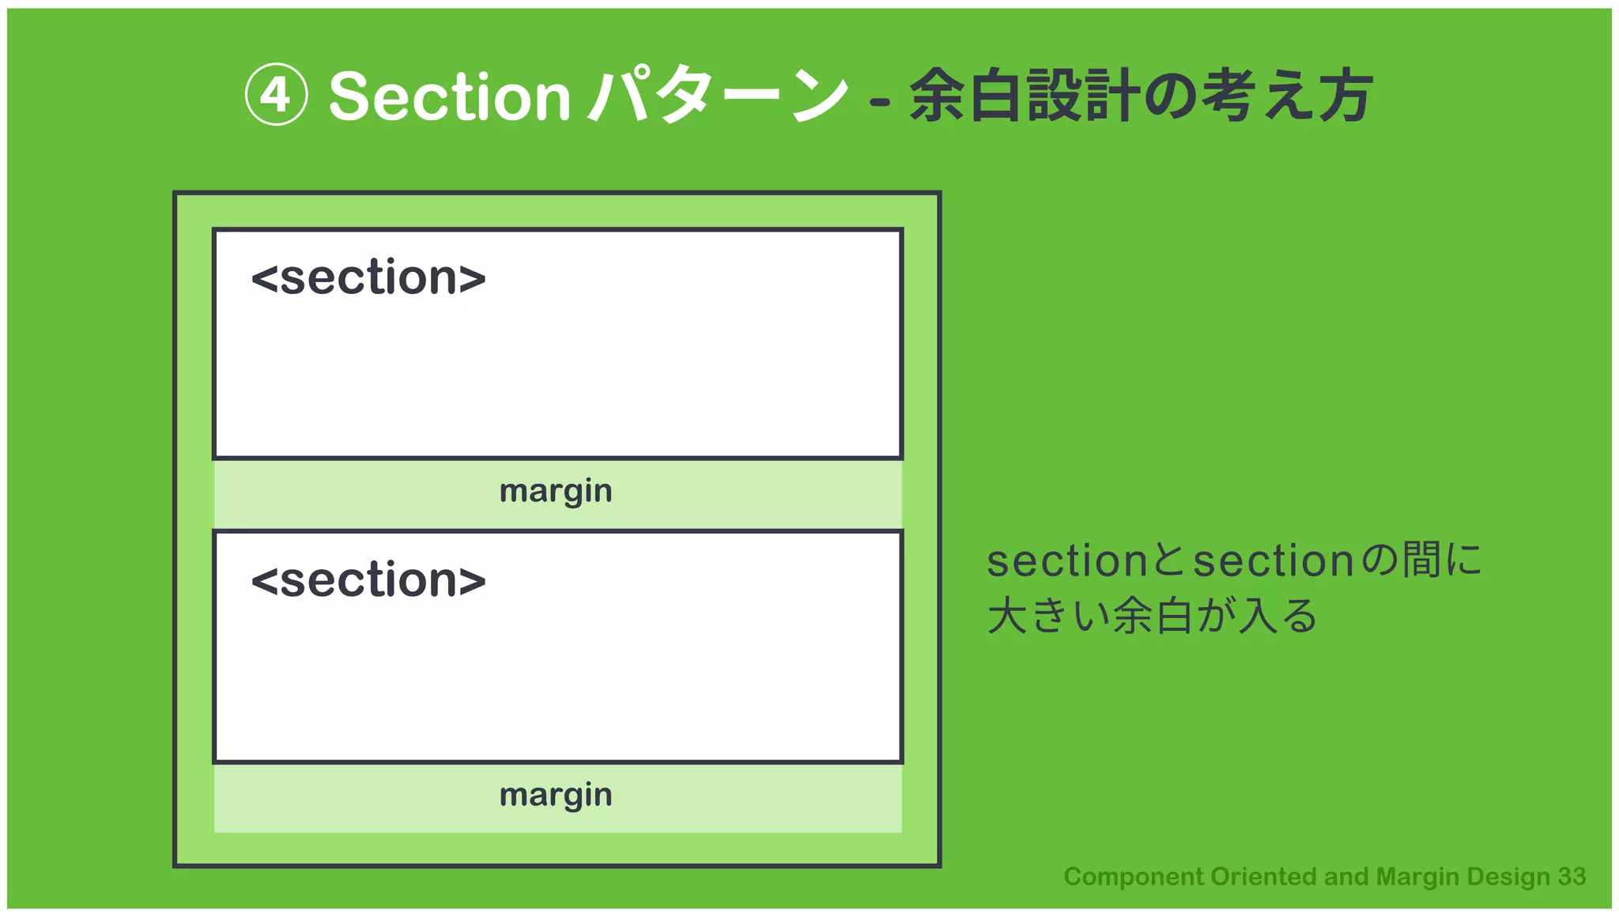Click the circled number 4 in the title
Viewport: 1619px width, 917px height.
276,96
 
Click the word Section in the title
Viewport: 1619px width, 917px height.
449,97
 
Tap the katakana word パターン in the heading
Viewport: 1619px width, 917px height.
718,96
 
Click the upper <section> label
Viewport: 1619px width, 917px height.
368,278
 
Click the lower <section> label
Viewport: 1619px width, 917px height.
368,580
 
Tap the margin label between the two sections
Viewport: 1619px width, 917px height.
556,492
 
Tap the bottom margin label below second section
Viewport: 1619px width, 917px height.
556,795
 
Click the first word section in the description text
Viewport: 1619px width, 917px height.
1067,561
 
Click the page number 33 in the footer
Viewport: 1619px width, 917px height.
1572,877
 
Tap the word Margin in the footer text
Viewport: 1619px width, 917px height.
1417,877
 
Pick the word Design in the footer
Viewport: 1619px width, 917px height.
1508,877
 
